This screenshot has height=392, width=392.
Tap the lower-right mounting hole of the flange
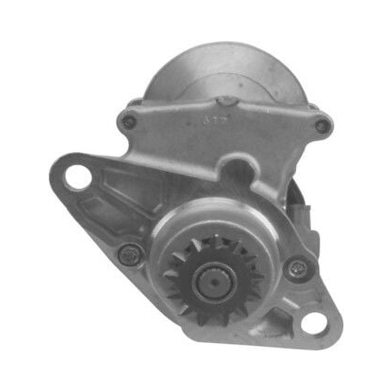314,323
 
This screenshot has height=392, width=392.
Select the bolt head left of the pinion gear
131,255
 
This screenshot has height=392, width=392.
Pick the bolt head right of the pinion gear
297,269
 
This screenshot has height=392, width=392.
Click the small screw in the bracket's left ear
129,122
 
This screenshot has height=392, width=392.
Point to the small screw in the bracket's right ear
322,126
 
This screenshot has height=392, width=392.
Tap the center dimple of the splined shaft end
214,283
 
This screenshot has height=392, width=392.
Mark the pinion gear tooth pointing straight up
216,241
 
